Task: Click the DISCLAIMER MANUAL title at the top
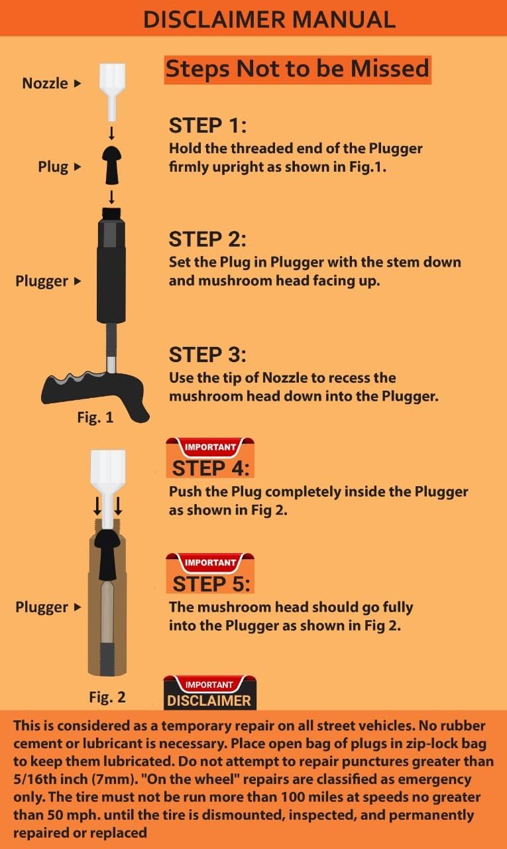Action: pos(269,19)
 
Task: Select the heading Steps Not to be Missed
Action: pos(297,69)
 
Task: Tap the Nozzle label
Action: pos(45,84)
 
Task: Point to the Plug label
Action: pos(53,167)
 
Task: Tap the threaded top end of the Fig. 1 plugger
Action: pos(112,214)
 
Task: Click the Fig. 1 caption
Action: pos(95,418)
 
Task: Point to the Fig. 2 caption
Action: pos(107,697)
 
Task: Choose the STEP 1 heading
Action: pos(207,125)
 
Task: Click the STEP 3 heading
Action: pos(207,354)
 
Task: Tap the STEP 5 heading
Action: pos(211,584)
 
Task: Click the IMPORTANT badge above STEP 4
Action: pos(209,447)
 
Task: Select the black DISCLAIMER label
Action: pos(209,700)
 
